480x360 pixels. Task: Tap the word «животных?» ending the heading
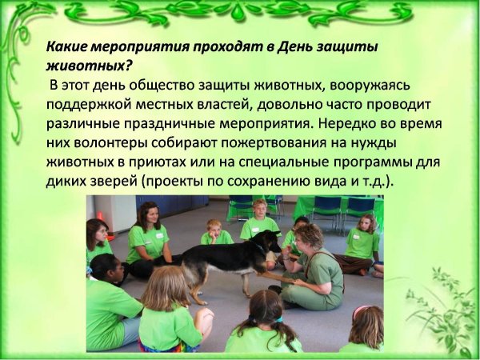click(x=89, y=66)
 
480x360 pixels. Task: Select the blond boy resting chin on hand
click(x=215, y=234)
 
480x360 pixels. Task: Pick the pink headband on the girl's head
click(x=360, y=310)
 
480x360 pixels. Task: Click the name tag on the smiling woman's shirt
click(x=159, y=236)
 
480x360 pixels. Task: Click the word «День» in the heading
click(x=294, y=47)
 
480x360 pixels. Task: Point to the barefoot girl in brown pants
click(x=358, y=246)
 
